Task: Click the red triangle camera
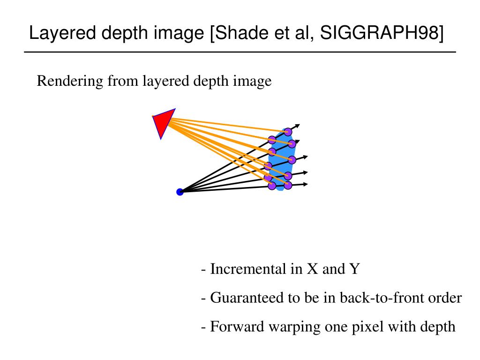coord(163,121)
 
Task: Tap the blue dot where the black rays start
coord(180,192)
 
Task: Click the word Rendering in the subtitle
coord(70,82)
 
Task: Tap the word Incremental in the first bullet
coord(248,269)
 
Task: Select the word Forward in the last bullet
coord(237,327)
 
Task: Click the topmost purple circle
coord(288,132)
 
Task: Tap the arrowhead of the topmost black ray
coord(297,126)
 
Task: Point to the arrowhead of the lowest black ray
coord(305,184)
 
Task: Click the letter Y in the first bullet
coord(354,269)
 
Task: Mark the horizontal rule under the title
coord(240,52)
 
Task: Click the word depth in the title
coord(125,33)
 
